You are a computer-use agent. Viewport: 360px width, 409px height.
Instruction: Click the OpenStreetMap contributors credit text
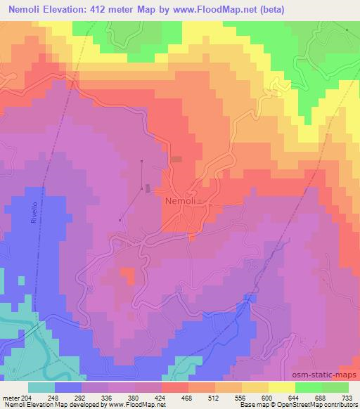314,405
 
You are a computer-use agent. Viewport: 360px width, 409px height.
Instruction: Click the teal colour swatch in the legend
41,387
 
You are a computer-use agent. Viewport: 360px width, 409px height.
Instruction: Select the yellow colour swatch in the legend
281,387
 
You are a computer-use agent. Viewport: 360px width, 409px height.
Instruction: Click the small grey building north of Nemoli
176,160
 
